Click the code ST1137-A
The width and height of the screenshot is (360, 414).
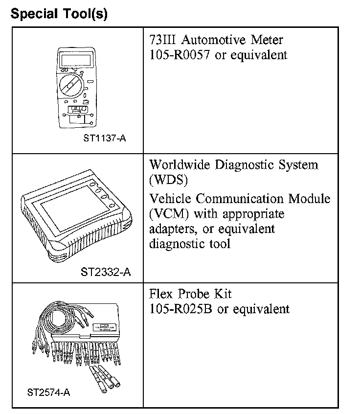(x=105, y=138)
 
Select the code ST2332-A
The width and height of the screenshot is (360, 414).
(x=106, y=272)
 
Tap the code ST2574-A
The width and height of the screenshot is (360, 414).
(x=49, y=392)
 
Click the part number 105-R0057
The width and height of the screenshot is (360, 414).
(x=180, y=54)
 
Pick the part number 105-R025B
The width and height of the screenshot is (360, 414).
(x=181, y=309)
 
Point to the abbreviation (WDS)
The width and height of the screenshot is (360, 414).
(x=168, y=180)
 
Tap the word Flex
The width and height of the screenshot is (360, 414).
(x=162, y=294)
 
